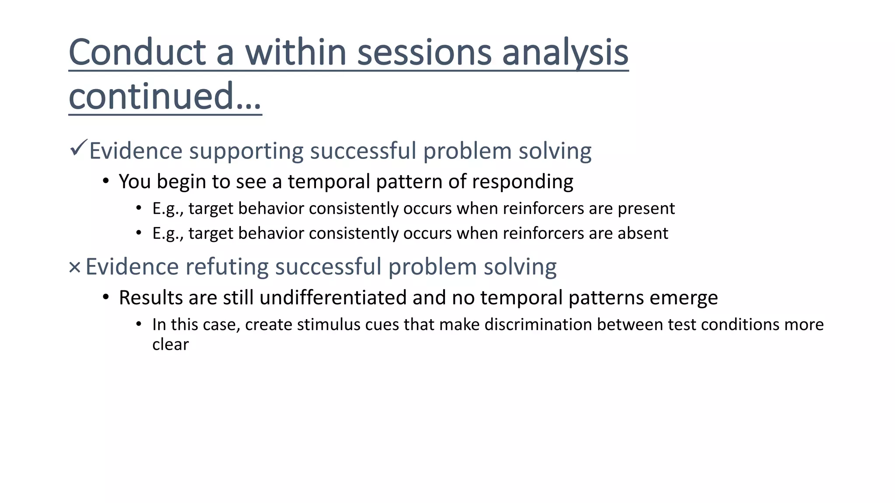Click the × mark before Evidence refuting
click(x=75, y=267)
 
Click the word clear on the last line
click(x=170, y=345)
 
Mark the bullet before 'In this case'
click(x=139, y=324)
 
